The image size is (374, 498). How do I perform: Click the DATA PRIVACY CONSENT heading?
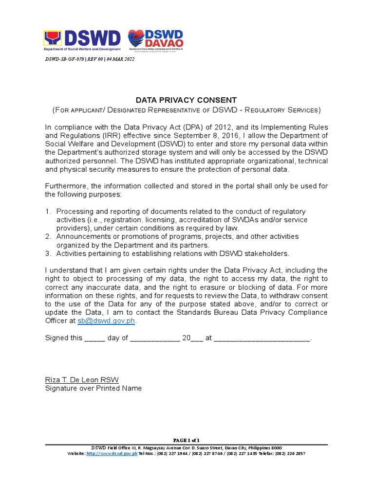[186, 100]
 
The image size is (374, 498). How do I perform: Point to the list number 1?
[48, 212]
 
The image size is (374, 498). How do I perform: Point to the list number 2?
[48, 236]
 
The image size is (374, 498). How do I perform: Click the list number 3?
[48, 253]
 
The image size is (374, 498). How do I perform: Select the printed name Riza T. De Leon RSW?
[81, 380]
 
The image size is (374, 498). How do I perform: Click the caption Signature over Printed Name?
[93, 388]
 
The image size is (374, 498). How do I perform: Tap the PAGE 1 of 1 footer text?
[187, 440]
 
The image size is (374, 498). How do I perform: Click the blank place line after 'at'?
[262, 338]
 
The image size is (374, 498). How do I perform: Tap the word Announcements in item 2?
[82, 236]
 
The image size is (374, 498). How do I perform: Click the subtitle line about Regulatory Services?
[187, 110]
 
